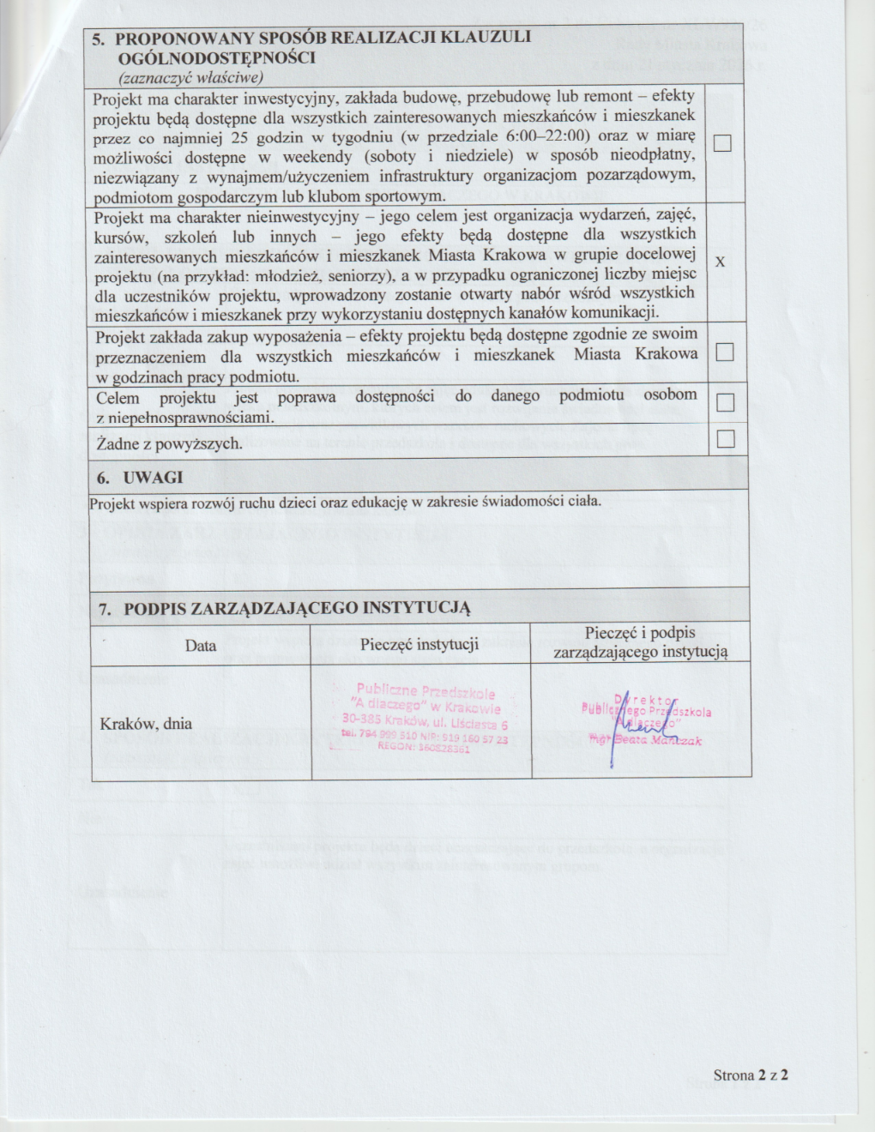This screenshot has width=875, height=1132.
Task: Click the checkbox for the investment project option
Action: pos(722,143)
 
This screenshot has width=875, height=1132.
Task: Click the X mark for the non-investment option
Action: pos(720,261)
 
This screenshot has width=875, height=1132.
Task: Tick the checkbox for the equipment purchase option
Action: pos(725,352)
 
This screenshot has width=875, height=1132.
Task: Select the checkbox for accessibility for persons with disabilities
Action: pos(725,402)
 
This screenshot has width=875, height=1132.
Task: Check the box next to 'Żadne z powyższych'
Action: pos(726,439)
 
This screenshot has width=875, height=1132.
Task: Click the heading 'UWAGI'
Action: pos(153,478)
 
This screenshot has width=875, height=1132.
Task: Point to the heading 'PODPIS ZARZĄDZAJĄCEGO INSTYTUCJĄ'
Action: pos(297,609)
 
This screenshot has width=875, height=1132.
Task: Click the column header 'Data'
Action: pos(201,645)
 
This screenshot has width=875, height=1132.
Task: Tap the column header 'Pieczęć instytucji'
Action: pos(419,644)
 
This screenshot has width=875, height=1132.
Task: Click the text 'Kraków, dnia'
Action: pos(146,723)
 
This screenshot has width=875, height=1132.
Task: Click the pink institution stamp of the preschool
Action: pos(425,719)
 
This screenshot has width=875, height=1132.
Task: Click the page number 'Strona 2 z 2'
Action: pos(751,1075)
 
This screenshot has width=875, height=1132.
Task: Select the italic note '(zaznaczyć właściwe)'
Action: pos(190,77)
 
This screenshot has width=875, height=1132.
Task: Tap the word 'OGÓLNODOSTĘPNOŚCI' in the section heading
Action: pos(217,57)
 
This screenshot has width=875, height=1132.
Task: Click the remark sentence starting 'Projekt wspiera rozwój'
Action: pos(345,503)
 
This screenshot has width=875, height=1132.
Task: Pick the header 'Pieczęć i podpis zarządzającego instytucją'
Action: pos(640,642)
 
